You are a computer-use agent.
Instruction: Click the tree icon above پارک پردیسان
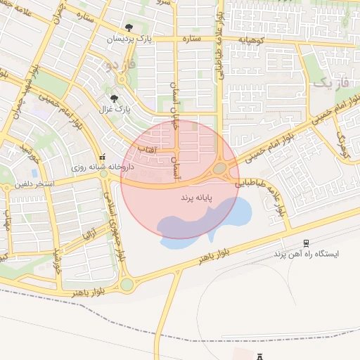pos(127,29)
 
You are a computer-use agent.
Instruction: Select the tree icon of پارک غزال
pos(115,98)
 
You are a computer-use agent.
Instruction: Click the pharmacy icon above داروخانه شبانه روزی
pos(103,157)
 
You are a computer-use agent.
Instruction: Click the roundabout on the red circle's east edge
pos(220,168)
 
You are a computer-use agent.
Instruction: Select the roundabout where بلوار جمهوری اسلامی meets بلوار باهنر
pos(127,285)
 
